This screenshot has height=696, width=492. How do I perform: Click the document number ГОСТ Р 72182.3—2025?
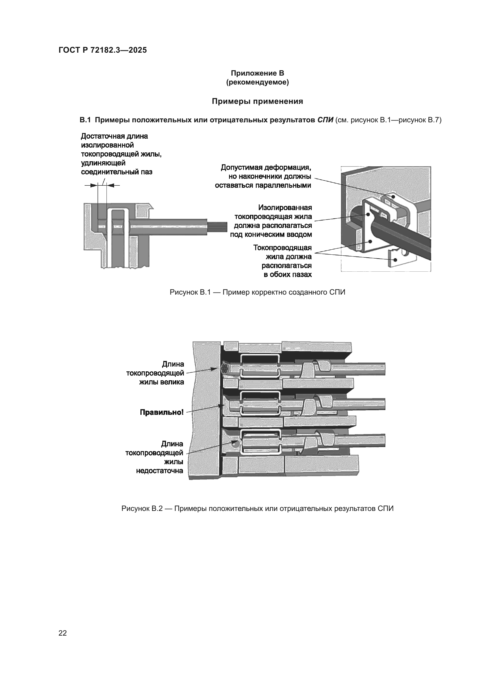tap(102, 50)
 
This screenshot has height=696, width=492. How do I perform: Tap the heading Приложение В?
tap(257, 73)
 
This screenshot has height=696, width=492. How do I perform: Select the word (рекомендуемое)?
tap(257, 82)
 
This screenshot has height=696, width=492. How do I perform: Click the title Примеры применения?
tap(257, 101)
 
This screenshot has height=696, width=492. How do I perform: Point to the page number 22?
tap(63, 633)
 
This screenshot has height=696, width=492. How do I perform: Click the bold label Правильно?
tap(162, 412)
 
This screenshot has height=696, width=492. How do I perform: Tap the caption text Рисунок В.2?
tap(142, 508)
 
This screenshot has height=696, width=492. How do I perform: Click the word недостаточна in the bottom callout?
tap(159, 471)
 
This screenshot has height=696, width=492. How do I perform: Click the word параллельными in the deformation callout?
tap(263, 185)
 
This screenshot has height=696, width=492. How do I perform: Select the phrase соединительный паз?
tap(117, 172)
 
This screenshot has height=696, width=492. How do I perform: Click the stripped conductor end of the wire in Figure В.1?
tap(217, 226)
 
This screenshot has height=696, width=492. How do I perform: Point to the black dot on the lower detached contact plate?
tap(395, 260)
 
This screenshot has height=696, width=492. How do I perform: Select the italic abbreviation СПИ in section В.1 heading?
tap(325, 120)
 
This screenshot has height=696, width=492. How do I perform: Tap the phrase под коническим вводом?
tap(271, 234)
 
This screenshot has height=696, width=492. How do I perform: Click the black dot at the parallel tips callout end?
tap(393, 197)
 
